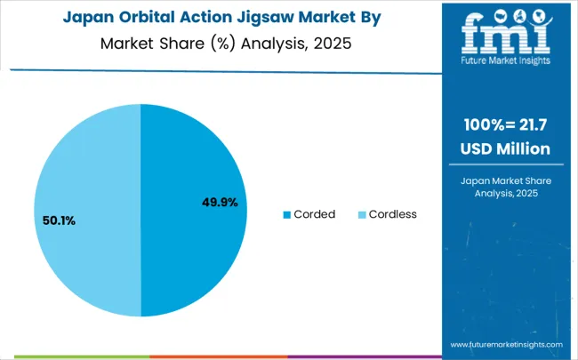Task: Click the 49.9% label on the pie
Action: (x=220, y=203)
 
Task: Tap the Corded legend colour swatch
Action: (x=287, y=214)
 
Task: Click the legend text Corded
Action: (x=315, y=214)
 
